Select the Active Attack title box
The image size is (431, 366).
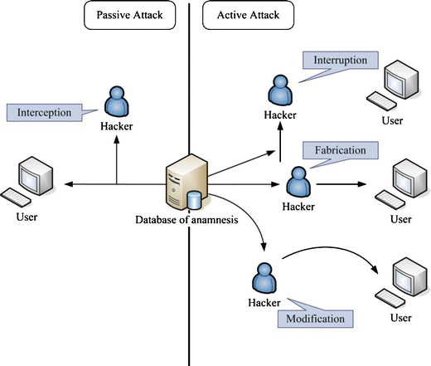click(247, 16)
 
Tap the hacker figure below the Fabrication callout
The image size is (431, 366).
click(298, 180)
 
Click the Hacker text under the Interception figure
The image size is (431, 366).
click(115, 128)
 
